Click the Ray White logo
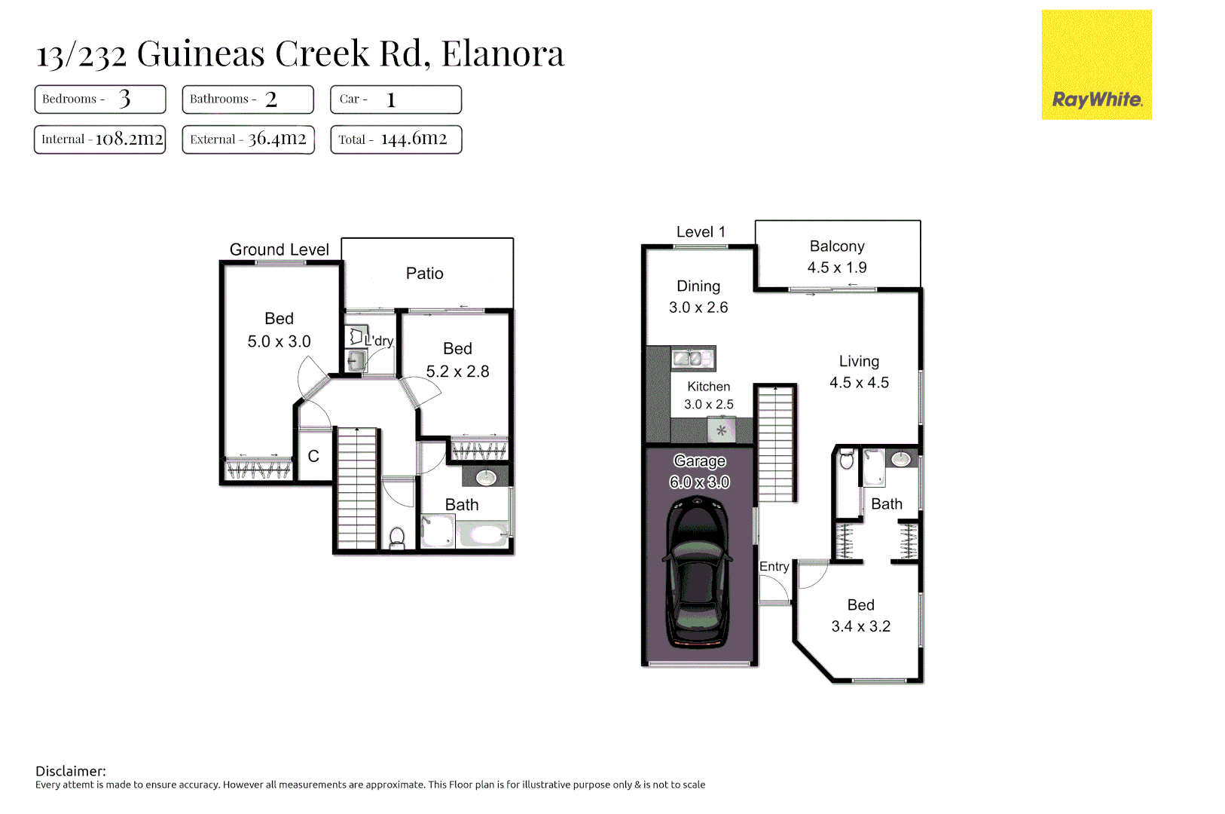(1096, 66)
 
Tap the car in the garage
(697, 576)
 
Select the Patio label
(424, 274)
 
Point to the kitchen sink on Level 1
(692, 359)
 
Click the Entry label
(774, 567)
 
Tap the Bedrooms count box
(99, 99)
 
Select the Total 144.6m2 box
(396, 139)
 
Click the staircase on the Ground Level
(356, 489)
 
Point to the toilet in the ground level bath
(397, 537)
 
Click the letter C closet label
(313, 457)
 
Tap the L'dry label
(379, 341)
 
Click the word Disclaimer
(71, 771)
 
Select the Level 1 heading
(700, 232)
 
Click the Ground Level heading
(279, 249)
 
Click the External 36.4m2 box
(248, 139)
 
